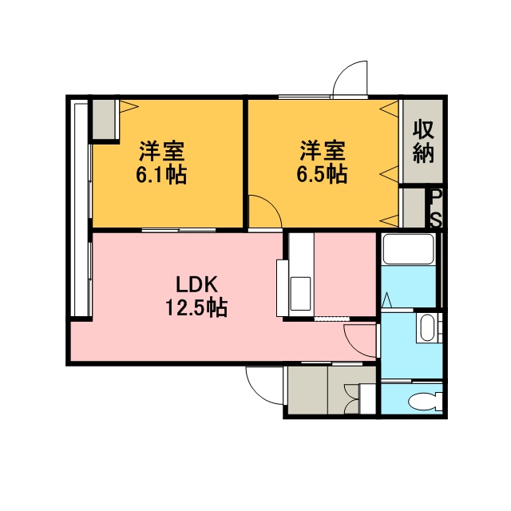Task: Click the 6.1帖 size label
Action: click(161, 175)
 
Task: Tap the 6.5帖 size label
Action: click(322, 174)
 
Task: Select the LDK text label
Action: click(196, 284)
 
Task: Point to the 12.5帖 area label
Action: click(196, 307)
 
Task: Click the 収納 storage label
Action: click(423, 142)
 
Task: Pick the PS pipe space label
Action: click(437, 208)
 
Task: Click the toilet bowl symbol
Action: click(425, 400)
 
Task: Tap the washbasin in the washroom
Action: click(427, 327)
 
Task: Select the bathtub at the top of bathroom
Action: click(408, 249)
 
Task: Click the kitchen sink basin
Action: click(300, 293)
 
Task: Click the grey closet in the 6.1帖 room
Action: click(104, 119)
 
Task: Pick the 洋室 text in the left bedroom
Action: click(162, 151)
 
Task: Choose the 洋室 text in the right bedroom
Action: click(323, 151)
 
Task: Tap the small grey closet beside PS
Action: click(414, 208)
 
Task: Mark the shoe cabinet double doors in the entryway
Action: click(351, 399)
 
